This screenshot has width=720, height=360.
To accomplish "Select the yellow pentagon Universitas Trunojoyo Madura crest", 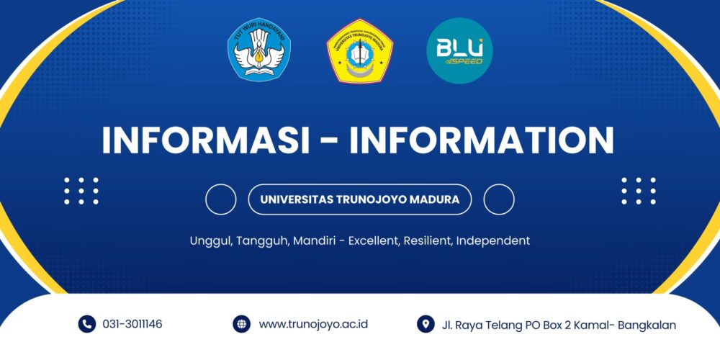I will pos(359,52).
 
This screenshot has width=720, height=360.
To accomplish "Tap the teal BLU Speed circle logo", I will pos(459,50).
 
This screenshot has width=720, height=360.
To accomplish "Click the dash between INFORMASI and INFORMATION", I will pos(330,142).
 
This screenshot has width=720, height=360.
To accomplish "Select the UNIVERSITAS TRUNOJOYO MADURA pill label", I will pos(359,199).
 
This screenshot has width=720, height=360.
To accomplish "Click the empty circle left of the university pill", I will pos(220,199).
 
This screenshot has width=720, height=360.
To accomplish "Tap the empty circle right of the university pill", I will pos(498,199).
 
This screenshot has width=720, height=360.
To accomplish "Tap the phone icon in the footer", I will pos(87,324).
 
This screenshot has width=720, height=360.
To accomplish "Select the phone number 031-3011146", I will pos(132,324).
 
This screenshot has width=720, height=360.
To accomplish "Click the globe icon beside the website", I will pos(241,324).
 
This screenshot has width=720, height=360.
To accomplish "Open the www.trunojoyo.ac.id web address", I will pos(313,324).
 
